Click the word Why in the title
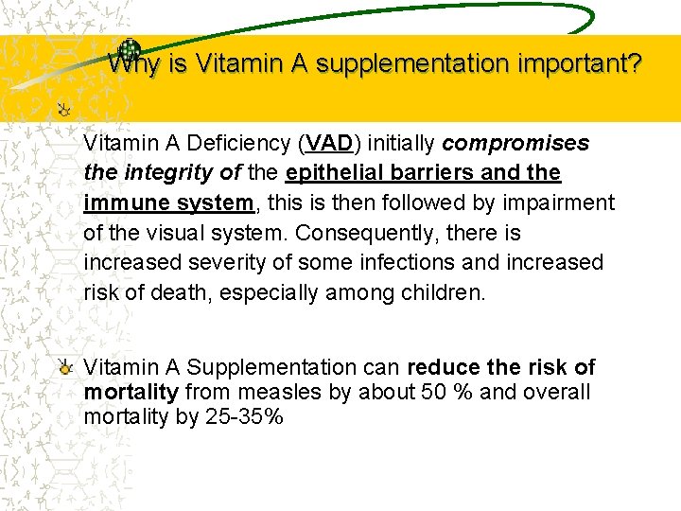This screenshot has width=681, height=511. point(131,64)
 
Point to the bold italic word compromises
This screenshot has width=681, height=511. point(516,144)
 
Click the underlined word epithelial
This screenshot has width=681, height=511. point(337,173)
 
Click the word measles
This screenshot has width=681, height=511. point(297,392)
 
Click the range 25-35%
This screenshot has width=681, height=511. point(244,416)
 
